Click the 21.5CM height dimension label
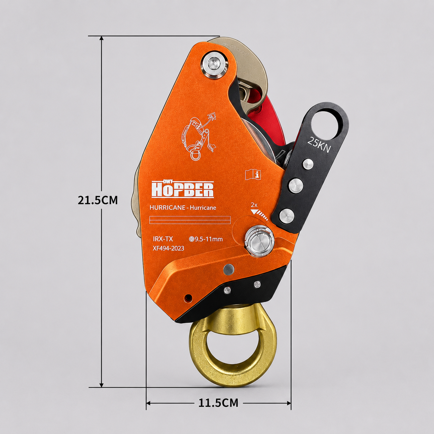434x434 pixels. [x=98, y=200]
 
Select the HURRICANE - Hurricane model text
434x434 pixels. [x=183, y=207]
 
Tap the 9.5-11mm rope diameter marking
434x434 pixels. [x=206, y=239]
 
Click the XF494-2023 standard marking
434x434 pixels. [x=168, y=248]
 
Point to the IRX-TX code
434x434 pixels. [x=163, y=239]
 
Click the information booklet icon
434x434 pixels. [x=253, y=174]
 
